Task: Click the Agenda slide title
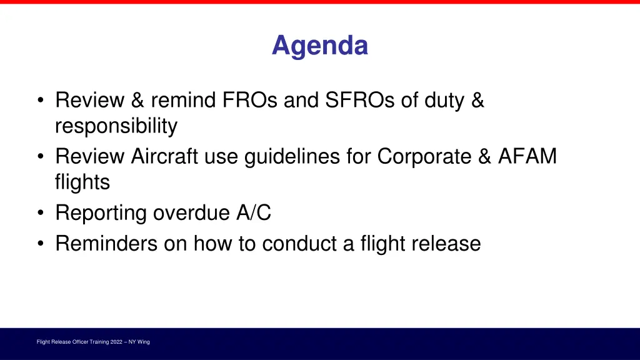pos(319,46)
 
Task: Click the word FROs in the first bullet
pos(251,100)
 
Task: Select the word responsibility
pos(116,127)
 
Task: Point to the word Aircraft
pos(165,156)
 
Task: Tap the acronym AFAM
pos(527,156)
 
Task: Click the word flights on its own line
pos(82,183)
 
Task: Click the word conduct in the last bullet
pos(300,243)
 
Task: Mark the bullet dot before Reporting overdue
pos(41,214)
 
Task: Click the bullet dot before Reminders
pos(41,244)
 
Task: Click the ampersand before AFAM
pos(485,156)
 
